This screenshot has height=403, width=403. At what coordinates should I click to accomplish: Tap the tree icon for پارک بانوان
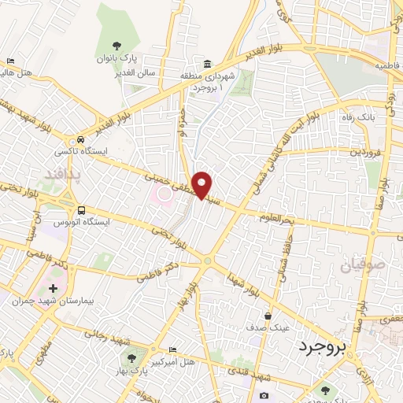click(117, 45)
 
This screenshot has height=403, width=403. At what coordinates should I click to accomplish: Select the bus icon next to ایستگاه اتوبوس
click(82, 209)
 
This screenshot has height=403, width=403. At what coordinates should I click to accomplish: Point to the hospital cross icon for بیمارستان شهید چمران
click(53, 288)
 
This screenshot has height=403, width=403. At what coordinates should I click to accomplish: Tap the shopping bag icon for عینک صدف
click(268, 316)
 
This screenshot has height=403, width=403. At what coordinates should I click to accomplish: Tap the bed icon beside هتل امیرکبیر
click(172, 349)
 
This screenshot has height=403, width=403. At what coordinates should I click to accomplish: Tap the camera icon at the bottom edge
click(263, 395)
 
